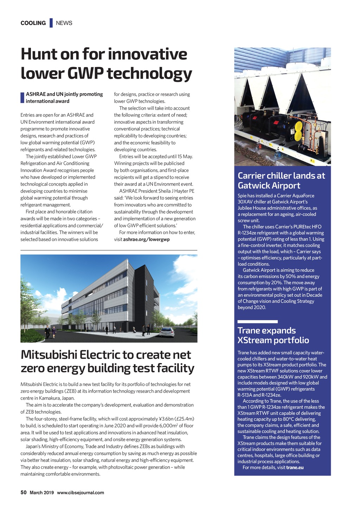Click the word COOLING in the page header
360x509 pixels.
pos(33,23)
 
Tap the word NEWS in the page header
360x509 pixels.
pos(64,23)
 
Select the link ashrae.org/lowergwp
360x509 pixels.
pos(146,239)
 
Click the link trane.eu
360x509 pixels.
pos(295,468)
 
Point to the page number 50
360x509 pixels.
pos(24,492)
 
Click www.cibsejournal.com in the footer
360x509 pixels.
pos(81,492)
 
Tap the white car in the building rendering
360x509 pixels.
pos(167,332)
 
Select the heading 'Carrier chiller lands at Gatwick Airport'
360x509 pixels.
pos(281,180)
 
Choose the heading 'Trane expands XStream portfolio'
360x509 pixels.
pos(273,335)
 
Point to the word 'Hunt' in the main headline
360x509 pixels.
pos(39,54)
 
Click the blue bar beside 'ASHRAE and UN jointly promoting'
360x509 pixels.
pos(22,98)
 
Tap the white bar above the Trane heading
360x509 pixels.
pos(257,322)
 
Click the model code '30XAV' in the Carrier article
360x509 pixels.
pos(245,202)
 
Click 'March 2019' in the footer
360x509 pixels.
pos(41,492)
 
